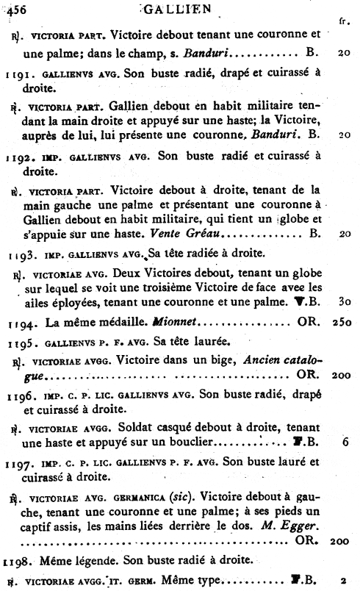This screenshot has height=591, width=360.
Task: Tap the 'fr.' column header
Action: tap(343, 22)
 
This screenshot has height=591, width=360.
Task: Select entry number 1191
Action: tap(18, 74)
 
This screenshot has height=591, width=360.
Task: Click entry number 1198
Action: tap(18, 560)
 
